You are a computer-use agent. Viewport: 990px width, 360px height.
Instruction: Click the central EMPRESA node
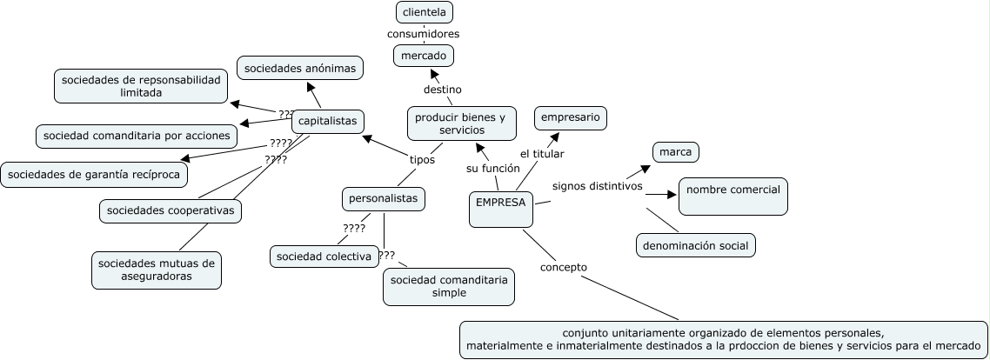[500, 209]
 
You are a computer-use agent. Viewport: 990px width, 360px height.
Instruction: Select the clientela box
[424, 12]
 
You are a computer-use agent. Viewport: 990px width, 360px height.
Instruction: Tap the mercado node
[424, 56]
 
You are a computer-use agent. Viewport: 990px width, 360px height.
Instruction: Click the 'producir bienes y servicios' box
[460, 123]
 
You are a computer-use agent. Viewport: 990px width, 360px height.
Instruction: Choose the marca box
[675, 152]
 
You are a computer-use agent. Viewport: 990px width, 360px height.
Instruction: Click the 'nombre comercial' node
[732, 197]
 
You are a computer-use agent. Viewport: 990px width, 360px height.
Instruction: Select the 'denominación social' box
[695, 246]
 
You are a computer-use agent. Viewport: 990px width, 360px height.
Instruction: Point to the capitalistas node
[327, 121]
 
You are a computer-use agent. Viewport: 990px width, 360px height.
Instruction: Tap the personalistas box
[384, 198]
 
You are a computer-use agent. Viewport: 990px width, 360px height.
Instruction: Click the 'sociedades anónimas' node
[299, 67]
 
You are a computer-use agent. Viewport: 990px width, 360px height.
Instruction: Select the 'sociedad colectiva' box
[323, 256]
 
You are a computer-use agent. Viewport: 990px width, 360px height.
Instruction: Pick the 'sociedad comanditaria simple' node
[448, 286]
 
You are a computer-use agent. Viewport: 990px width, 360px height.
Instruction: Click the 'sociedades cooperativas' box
[169, 210]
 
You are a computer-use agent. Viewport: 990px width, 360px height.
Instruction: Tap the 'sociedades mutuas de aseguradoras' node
[157, 270]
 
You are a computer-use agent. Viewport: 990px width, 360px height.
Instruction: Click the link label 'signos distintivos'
[597, 186]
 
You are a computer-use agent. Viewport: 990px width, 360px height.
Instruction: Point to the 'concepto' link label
[563, 267]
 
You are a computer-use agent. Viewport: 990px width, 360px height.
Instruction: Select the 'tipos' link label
[422, 159]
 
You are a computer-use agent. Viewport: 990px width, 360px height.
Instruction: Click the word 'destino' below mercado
[442, 90]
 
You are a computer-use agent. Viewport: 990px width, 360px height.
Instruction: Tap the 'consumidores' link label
[424, 34]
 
